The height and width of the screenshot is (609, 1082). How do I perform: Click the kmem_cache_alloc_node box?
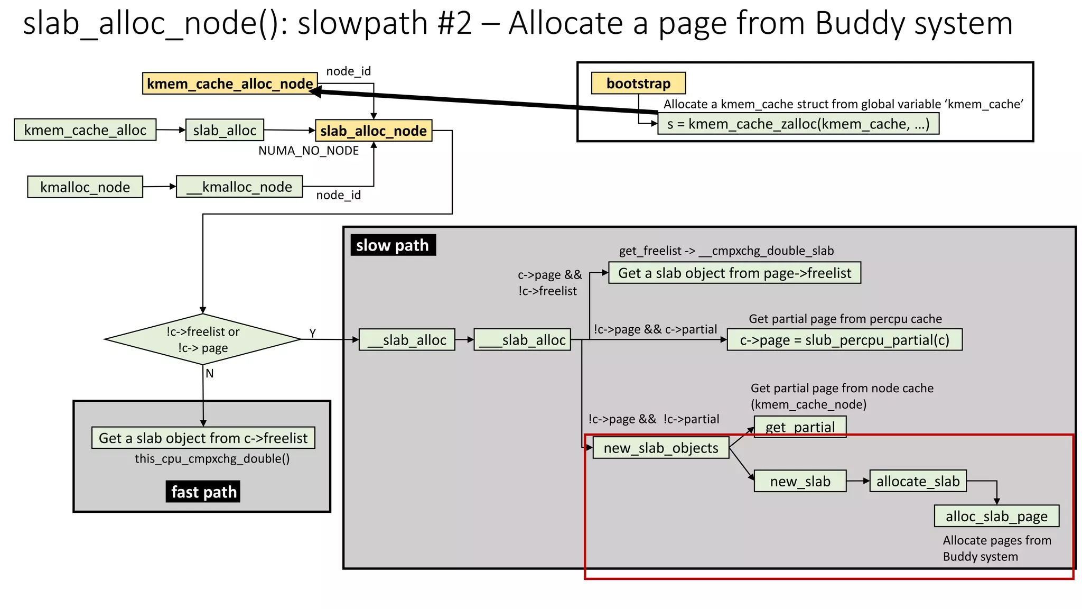pos(230,84)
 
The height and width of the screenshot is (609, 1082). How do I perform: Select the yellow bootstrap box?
pos(638,83)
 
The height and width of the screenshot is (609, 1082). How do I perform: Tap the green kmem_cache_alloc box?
pos(85,130)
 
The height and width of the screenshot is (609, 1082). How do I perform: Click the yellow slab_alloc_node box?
pos(374,131)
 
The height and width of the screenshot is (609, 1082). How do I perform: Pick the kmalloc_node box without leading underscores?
pos(85,187)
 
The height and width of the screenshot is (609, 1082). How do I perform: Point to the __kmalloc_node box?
pos(239,187)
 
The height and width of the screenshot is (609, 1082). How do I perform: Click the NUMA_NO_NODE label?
pos(309,151)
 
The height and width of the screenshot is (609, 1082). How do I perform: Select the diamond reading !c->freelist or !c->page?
pos(203,339)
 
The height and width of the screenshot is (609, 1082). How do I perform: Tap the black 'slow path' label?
pos(393,245)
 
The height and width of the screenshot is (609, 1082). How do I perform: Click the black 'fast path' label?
pos(203,492)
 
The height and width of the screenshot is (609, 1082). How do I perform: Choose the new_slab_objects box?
pos(661,448)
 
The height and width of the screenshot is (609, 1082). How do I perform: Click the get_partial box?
pos(800,427)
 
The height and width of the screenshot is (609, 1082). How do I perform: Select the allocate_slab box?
pos(918,481)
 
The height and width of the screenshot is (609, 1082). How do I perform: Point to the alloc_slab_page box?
pos(996,516)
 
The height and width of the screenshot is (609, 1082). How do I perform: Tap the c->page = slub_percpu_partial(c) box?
pos(844,340)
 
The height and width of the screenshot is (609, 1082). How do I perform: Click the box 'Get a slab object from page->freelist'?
pos(734,273)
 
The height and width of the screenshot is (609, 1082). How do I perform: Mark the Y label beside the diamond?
pos(313,333)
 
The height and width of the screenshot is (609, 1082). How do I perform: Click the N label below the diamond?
pos(210,373)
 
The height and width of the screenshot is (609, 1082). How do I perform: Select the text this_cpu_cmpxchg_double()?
pos(212,458)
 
